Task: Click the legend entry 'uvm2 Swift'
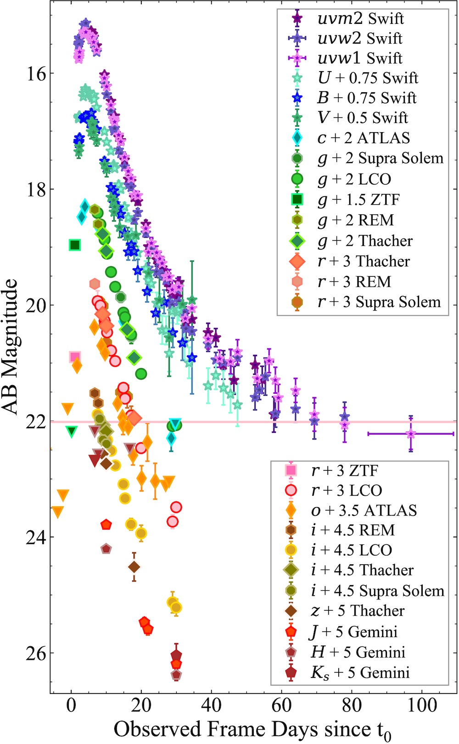point(360,18)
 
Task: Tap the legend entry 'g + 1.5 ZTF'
point(358,199)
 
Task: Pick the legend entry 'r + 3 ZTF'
point(344,470)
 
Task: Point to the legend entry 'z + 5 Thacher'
point(358,611)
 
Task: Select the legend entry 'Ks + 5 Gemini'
point(360,673)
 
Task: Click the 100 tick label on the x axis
point(422,705)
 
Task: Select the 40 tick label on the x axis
point(212,705)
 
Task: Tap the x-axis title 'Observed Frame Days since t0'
point(253,729)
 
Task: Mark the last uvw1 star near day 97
point(411,433)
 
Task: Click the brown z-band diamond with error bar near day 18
point(134,567)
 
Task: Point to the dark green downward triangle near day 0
point(72,431)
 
